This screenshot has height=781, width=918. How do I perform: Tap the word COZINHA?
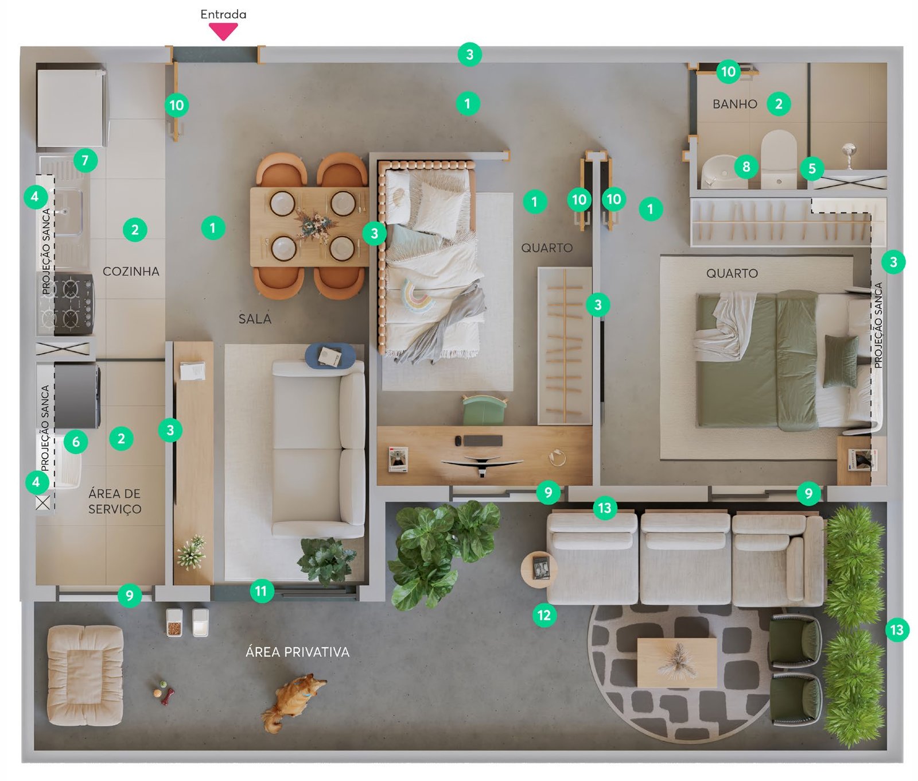(131, 271)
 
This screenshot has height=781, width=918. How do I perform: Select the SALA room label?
(255, 319)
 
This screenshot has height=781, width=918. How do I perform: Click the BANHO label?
(735, 104)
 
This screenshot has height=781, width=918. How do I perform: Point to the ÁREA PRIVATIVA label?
(297, 652)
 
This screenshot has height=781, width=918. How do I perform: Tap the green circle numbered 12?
(544, 615)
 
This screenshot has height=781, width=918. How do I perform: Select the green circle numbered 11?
(261, 591)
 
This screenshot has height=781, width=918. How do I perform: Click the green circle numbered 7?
(85, 160)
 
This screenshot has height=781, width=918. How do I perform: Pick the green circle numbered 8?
(746, 167)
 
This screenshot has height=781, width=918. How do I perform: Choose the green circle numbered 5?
(812, 168)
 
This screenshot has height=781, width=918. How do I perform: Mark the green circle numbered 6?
(76, 442)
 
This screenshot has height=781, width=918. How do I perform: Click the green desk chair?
(485, 409)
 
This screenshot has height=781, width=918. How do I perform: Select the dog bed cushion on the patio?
(85, 675)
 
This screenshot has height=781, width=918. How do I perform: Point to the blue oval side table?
(330, 355)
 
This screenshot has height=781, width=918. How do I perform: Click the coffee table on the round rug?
(677, 663)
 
